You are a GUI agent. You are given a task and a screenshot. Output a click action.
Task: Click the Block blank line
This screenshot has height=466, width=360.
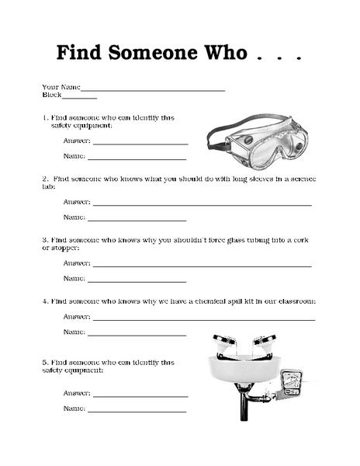click(79, 99)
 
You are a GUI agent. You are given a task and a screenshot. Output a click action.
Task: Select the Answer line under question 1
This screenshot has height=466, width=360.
click(140, 144)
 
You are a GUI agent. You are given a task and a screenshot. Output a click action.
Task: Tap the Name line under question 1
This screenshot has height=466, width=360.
click(137, 159)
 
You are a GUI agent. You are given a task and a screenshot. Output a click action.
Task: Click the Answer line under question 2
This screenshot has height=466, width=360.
click(202, 204)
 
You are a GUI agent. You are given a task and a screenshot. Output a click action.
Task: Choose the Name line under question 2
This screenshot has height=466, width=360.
click(137, 220)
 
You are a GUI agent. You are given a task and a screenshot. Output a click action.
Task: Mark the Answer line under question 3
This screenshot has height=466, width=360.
click(202, 266)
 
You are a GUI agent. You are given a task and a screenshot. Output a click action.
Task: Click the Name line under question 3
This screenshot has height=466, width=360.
click(137, 281)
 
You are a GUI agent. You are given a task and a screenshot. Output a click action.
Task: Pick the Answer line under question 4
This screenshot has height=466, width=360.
click(204, 319)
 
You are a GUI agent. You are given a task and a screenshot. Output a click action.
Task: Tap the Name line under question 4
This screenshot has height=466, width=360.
click(137, 335)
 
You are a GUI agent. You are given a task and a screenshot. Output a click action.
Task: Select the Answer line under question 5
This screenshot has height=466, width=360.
click(140, 395)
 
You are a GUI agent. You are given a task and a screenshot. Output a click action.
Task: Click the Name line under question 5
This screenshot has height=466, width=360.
click(137, 411)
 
